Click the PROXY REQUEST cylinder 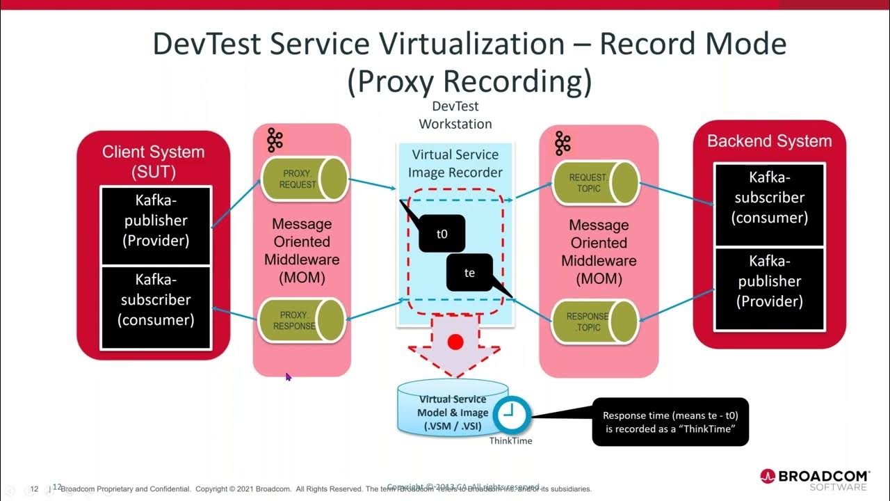pyautogui.click(x=303, y=179)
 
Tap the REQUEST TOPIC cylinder pyautogui.click(x=594, y=183)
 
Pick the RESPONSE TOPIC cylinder pyautogui.click(x=594, y=321)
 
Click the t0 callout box pyautogui.click(x=442, y=234)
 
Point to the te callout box pyautogui.click(x=469, y=272)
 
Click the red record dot pyautogui.click(x=455, y=342)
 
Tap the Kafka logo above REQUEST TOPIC pyautogui.click(x=562, y=143)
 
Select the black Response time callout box pyautogui.click(x=670, y=422)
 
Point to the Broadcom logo pyautogui.click(x=814, y=478)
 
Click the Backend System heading pyautogui.click(x=769, y=141)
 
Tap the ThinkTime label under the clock pyautogui.click(x=510, y=440)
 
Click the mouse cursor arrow pyautogui.click(x=289, y=376)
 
